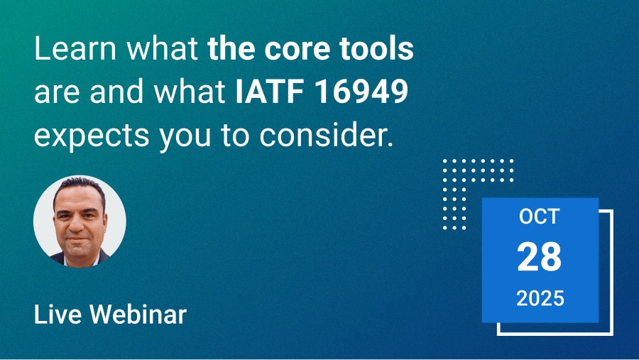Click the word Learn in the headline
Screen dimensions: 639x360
tap(75, 48)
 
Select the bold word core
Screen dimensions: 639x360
tap(291, 49)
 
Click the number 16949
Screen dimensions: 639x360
tap(362, 91)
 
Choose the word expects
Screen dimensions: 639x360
tap(92, 136)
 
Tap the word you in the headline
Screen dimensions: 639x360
tap(185, 137)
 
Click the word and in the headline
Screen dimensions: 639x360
tap(116, 91)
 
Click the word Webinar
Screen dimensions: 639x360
tap(138, 315)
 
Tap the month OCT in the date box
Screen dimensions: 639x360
tap(539, 217)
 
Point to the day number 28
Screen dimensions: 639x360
tap(539, 256)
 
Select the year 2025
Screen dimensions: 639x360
tap(540, 298)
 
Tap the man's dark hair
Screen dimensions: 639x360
tap(80, 187)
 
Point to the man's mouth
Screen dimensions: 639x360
tap(77, 238)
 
